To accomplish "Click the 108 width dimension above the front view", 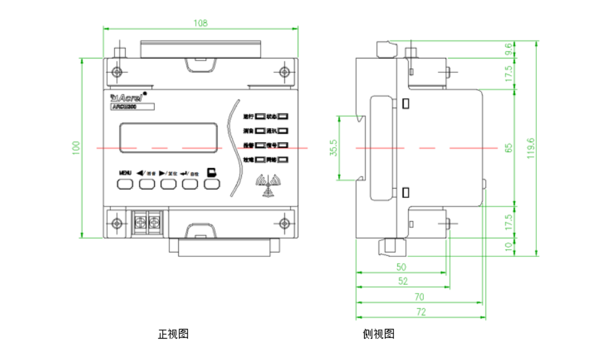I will point(201,23).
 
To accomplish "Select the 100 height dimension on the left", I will point(76,147).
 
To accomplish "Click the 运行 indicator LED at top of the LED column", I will point(261,116).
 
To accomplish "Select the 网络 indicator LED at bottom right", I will point(283,160).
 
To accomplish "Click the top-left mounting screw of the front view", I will point(118,72).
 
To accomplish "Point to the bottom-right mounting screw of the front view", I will point(284,223).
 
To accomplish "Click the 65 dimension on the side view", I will point(508,147).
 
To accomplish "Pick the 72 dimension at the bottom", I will point(420,312).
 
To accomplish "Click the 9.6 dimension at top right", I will point(508,48).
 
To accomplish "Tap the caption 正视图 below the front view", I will point(173,334).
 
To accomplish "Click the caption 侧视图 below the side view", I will point(379,334).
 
